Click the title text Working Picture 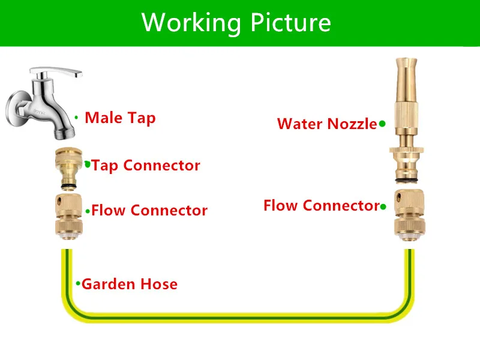point(236,22)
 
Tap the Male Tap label point(120,118)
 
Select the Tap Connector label point(146,165)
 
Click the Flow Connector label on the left point(149,211)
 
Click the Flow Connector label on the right point(321,206)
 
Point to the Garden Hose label point(130,284)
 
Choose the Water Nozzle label point(327,124)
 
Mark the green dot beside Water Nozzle point(382,124)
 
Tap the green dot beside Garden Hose point(78,283)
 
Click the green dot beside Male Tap point(76,117)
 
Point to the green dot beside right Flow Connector point(383,206)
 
